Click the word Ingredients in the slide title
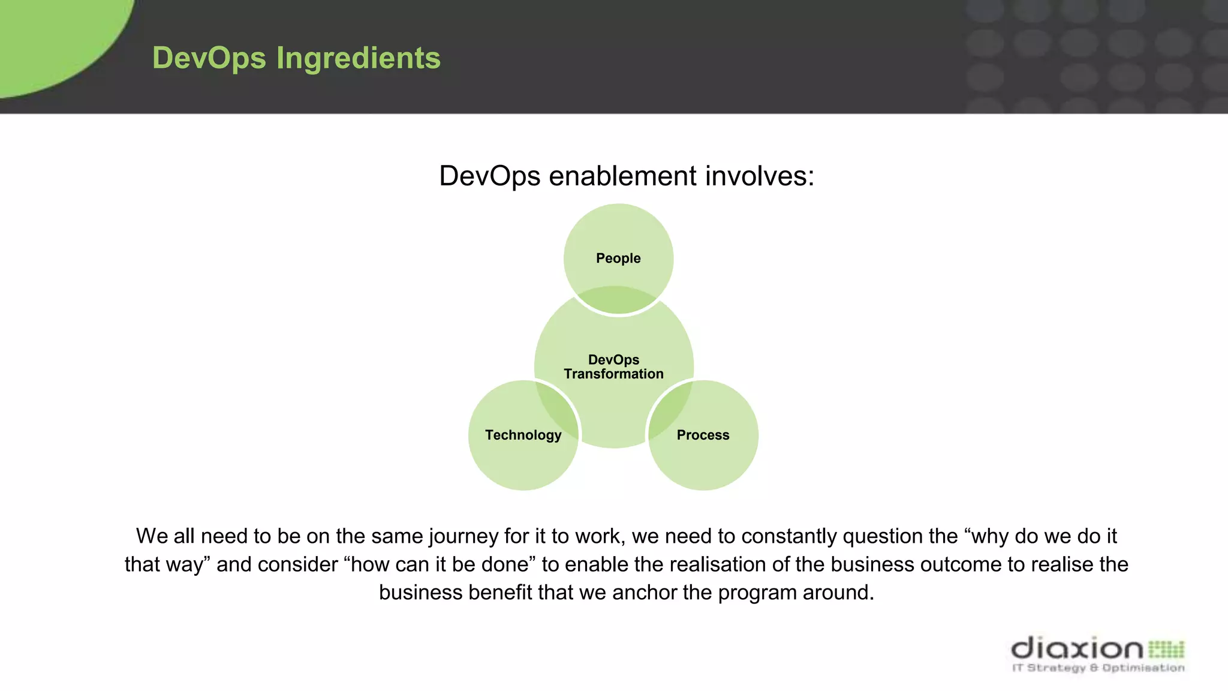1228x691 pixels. (358, 59)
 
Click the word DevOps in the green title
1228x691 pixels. (209, 59)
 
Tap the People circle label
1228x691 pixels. (618, 259)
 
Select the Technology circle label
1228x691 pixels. (523, 435)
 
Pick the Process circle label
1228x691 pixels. (703, 435)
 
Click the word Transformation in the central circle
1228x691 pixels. (613, 374)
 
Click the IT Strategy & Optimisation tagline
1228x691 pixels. (1098, 668)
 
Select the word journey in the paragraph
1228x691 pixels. (464, 536)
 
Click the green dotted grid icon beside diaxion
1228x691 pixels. (1166, 649)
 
